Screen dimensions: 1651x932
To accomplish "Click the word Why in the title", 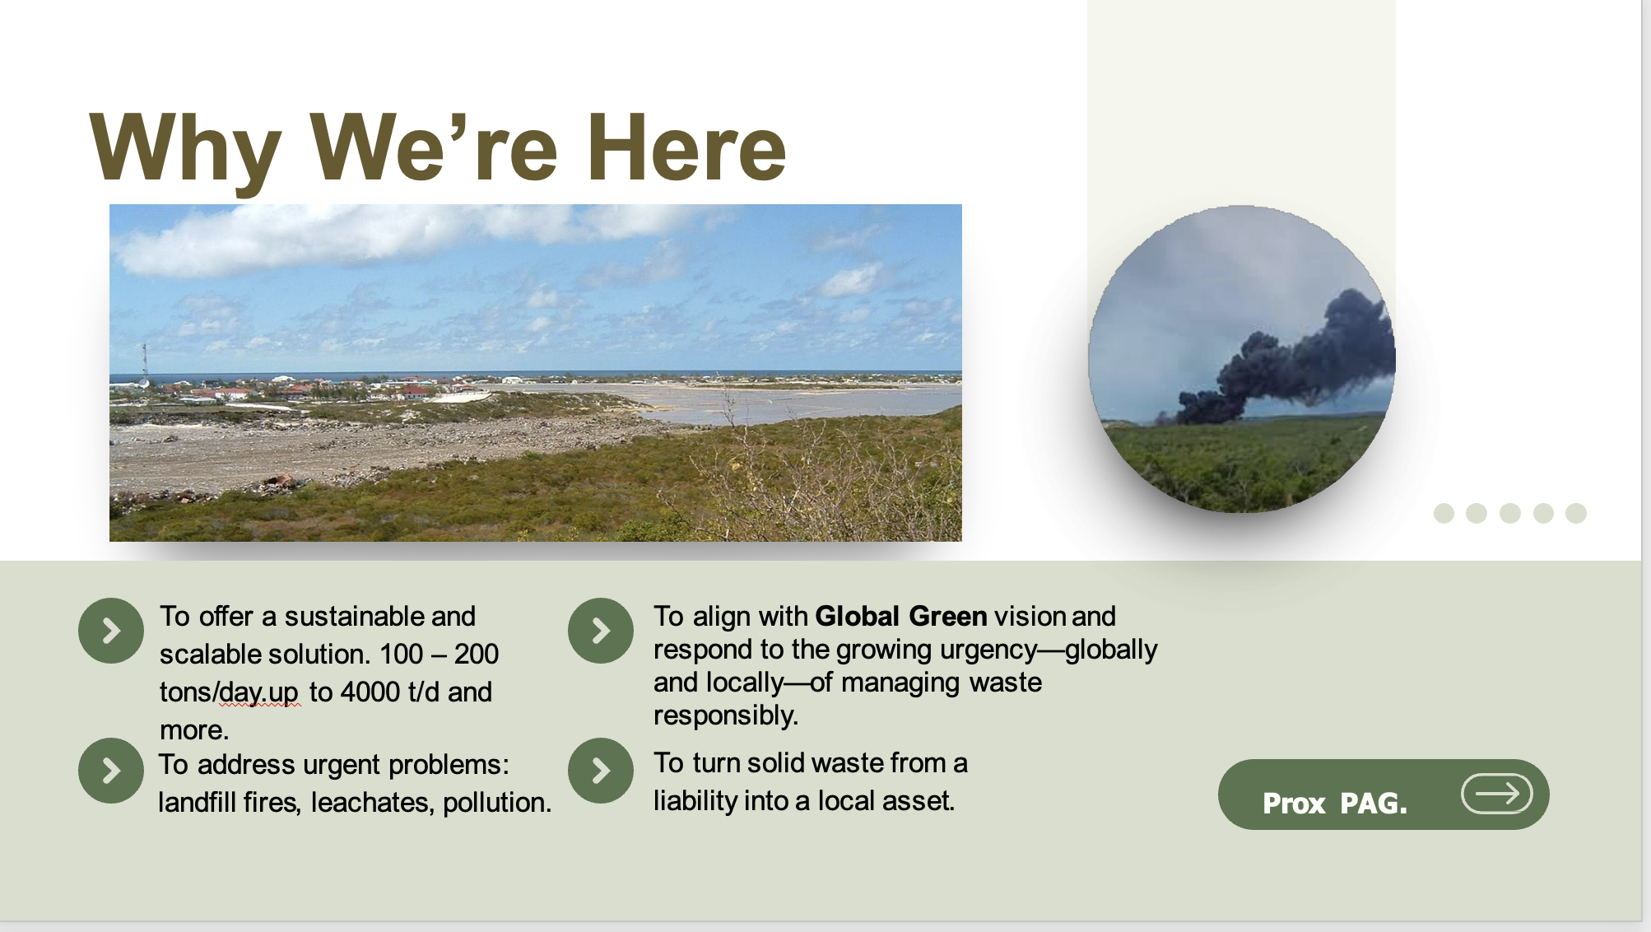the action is point(184,149).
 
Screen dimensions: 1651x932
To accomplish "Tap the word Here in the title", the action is point(686,147).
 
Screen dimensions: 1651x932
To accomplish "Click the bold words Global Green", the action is point(900,616).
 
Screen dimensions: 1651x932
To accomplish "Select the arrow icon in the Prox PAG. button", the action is point(1496,794).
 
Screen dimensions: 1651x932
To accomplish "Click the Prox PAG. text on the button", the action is point(1334,803).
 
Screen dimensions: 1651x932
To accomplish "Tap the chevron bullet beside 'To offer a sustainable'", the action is point(111,631).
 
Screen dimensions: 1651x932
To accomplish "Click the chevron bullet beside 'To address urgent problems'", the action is point(111,771).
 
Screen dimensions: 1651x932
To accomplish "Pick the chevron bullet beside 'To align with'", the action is point(601,631).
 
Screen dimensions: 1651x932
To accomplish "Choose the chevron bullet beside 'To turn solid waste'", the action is point(601,771).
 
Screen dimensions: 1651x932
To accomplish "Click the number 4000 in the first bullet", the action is point(370,692).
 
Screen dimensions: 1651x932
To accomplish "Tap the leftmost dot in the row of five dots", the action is point(1444,513).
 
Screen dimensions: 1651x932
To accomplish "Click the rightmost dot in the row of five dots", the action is point(1575,513).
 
